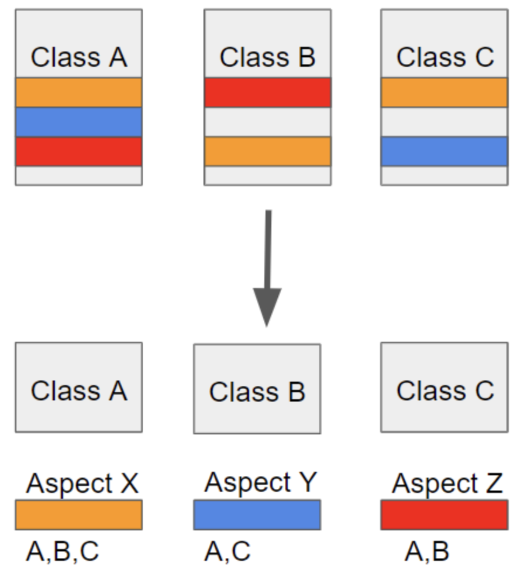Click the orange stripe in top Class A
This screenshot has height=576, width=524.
point(78,92)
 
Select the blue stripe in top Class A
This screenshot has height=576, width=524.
point(78,122)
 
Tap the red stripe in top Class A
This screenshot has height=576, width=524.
point(78,152)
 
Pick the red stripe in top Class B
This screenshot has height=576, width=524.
point(267,92)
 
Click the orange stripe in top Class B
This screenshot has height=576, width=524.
point(267,152)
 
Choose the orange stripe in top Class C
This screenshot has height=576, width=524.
point(444,92)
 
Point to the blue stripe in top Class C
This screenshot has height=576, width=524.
point(444,152)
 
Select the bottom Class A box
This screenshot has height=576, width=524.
point(78,388)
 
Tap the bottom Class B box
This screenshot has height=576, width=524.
point(257,389)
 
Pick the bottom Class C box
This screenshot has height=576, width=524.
point(444,388)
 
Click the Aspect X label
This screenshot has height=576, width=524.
point(82,484)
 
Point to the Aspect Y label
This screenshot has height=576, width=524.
point(260,483)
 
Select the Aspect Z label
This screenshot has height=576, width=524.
point(447,484)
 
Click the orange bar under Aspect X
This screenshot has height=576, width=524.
point(78,515)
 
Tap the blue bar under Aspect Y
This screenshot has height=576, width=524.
point(257,515)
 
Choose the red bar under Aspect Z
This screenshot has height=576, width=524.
point(444,515)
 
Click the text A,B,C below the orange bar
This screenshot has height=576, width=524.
point(62,551)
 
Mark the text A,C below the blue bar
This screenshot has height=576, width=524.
point(227,551)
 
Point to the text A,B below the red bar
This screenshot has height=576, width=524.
point(427,551)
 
